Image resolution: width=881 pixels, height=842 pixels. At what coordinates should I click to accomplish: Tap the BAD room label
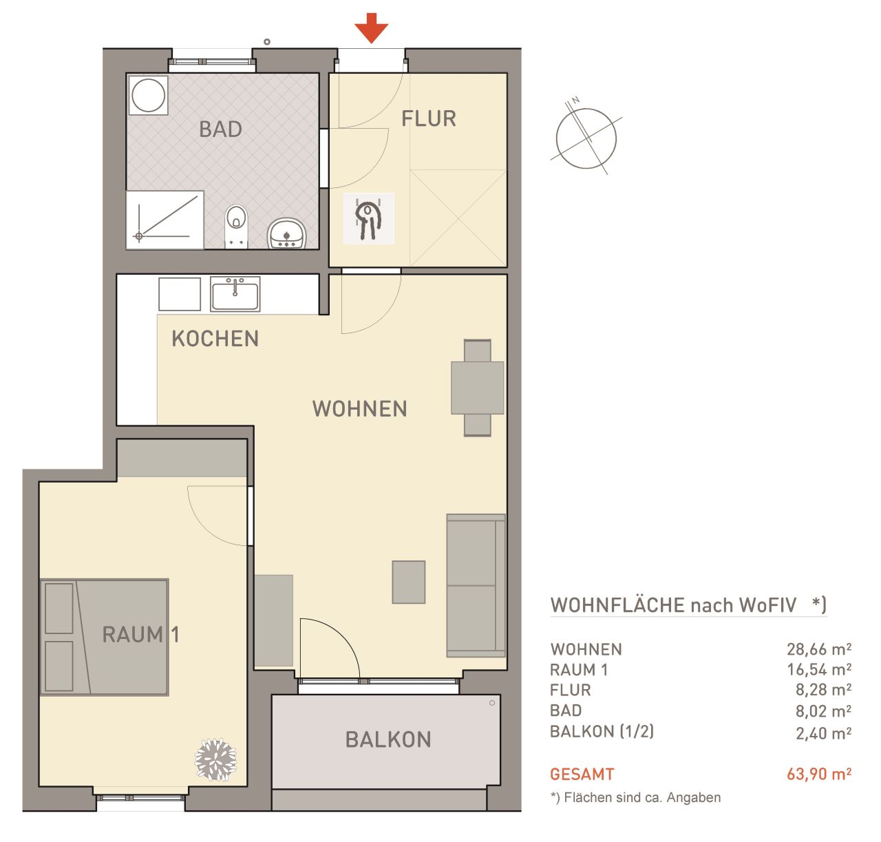(x=220, y=129)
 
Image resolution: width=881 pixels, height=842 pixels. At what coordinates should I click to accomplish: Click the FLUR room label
(x=428, y=118)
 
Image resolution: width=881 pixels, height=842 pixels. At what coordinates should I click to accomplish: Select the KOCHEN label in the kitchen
(x=215, y=338)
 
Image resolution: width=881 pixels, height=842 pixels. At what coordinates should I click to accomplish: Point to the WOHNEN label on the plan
(x=359, y=408)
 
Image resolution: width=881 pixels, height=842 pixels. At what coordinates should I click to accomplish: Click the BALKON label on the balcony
(x=388, y=739)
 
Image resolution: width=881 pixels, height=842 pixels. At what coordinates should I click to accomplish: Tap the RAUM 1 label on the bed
(x=140, y=635)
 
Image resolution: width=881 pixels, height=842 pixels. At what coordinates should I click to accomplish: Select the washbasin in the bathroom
(x=286, y=233)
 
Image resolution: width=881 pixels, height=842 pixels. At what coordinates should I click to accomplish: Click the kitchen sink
(x=235, y=294)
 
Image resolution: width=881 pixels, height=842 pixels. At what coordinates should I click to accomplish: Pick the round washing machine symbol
(x=148, y=95)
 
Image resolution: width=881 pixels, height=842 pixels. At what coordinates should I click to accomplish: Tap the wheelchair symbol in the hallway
(x=368, y=219)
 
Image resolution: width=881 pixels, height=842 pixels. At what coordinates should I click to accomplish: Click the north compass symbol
(x=586, y=136)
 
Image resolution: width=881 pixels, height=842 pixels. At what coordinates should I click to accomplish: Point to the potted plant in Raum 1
(x=215, y=759)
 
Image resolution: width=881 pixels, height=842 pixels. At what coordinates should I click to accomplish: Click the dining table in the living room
(x=477, y=387)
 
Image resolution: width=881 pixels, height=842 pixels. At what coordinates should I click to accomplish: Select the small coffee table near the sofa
(x=408, y=582)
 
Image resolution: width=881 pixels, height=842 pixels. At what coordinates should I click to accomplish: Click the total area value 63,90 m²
(x=818, y=774)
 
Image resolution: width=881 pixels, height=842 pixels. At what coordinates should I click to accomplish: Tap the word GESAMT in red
(x=582, y=775)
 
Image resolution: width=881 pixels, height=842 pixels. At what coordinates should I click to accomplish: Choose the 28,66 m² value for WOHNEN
(x=818, y=649)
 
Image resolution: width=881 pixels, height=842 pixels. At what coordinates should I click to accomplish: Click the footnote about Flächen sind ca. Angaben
(x=635, y=798)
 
